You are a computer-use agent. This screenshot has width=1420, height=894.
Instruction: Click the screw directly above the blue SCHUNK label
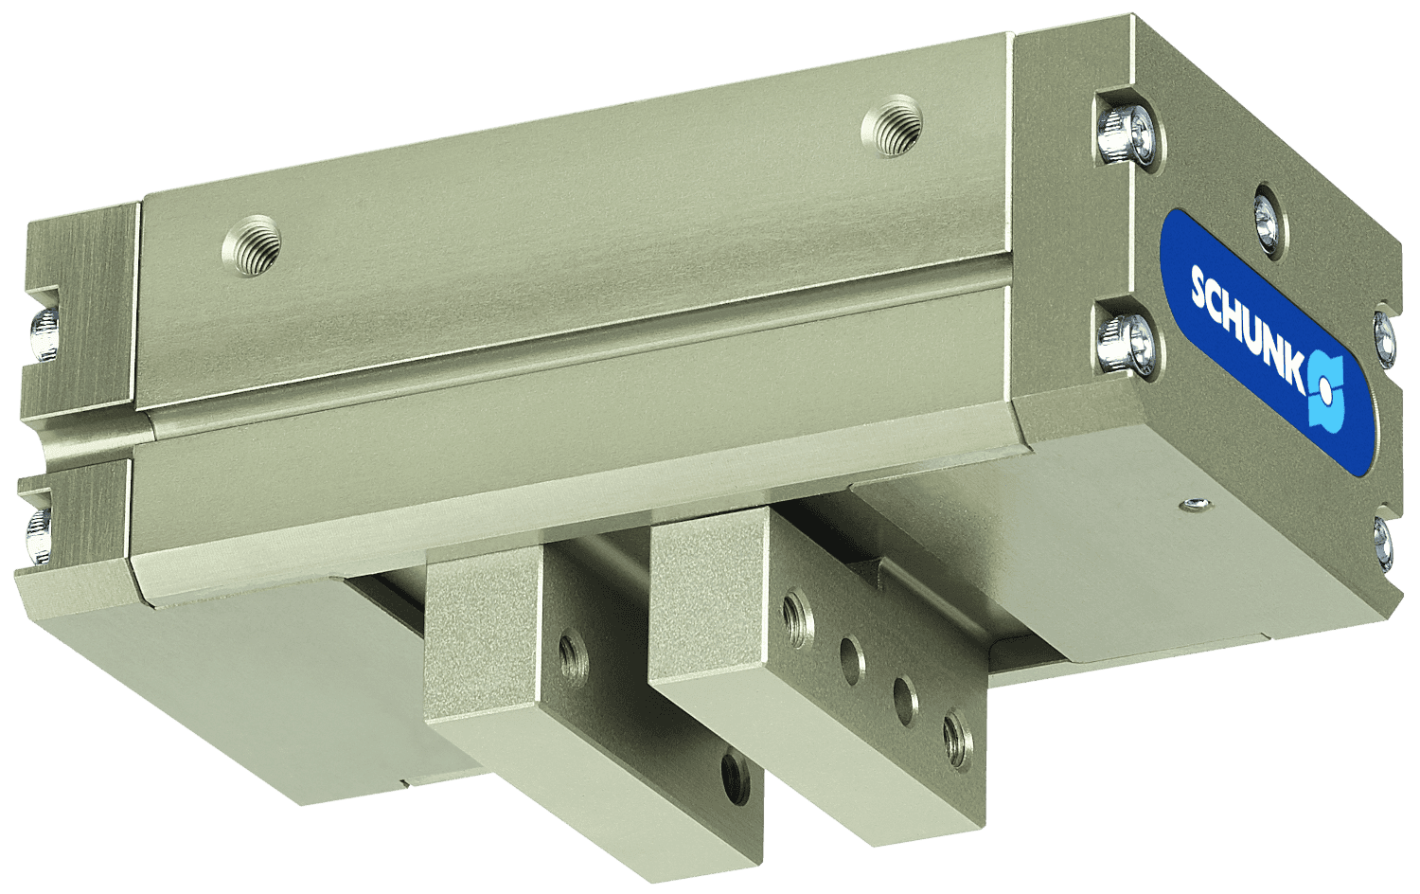1267,217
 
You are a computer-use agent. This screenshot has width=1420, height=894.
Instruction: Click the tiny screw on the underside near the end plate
1196,504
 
